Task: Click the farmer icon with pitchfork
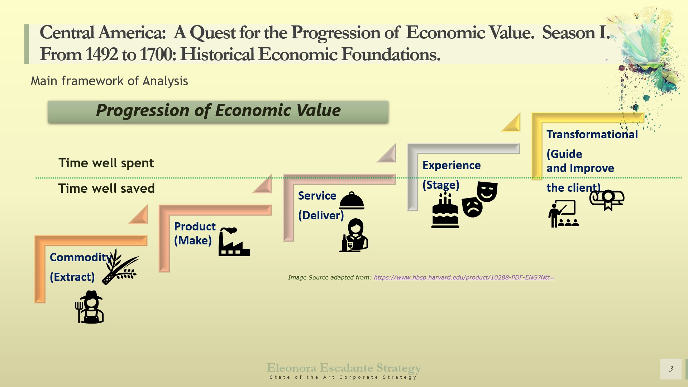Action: (90, 307)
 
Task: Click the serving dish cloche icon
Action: (352, 201)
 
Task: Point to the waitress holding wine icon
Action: (354, 235)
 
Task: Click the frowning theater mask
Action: (472, 207)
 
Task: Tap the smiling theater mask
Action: (487, 191)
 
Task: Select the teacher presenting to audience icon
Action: (563, 214)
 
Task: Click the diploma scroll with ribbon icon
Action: (607, 200)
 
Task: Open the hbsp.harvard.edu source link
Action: (464, 277)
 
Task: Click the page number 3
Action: (671, 369)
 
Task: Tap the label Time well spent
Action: (106, 163)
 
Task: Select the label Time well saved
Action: (106, 188)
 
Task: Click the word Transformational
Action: (592, 134)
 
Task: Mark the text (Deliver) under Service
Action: (321, 215)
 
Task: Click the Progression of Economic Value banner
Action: (218, 111)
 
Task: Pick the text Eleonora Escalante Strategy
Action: (344, 368)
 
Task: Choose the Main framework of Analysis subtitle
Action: (109, 81)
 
